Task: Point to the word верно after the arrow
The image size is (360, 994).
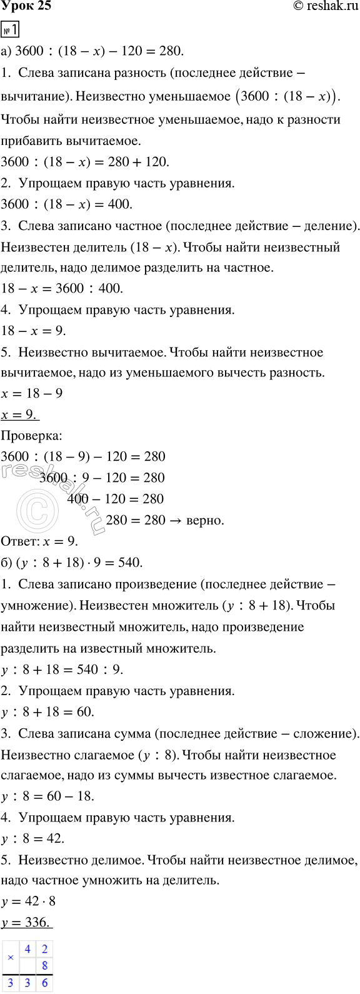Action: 204,520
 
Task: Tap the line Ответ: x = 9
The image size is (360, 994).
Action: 41,541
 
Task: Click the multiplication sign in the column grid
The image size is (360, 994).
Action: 11,958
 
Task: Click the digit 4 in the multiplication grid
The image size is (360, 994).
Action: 27,949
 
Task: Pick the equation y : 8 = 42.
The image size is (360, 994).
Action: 34,839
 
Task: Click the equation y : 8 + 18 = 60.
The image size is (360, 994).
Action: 47,711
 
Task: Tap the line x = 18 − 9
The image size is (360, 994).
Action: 32,394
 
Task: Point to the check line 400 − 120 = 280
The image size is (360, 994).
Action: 115,499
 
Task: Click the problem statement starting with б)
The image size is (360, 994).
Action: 72,563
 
